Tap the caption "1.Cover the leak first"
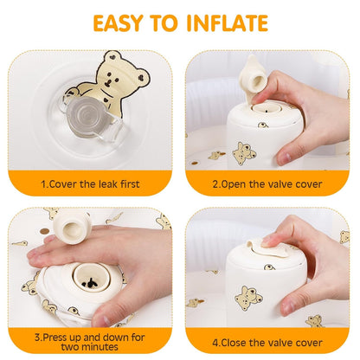(90, 183)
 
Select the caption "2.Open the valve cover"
(269, 183)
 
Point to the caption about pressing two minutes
(90, 342)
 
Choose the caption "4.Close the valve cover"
(269, 341)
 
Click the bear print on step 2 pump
(244, 152)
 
